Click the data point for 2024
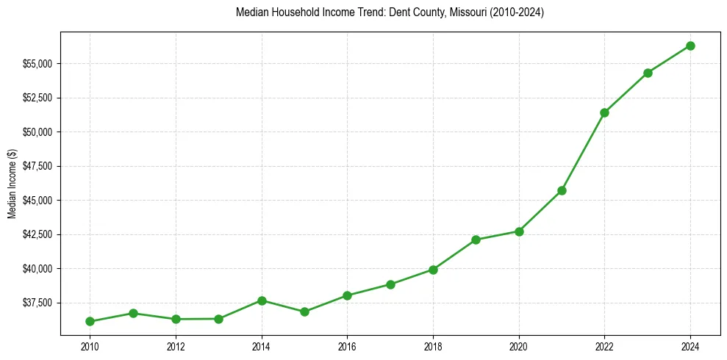tap(690, 46)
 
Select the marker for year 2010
tap(90, 321)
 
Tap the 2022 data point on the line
tap(604, 112)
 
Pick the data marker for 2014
tap(262, 300)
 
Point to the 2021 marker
tap(562, 190)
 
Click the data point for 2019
tap(476, 240)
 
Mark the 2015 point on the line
tap(304, 312)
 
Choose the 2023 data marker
tap(648, 73)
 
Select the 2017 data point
tap(390, 284)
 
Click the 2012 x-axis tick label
tap(176, 347)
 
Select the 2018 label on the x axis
tap(433, 347)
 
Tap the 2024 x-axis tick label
tap(690, 347)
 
